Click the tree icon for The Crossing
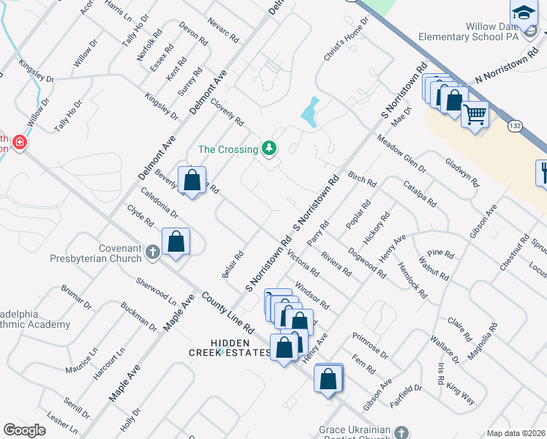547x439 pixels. [271, 149]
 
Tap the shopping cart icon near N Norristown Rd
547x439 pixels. [475, 114]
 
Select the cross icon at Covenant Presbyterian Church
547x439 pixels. [153, 252]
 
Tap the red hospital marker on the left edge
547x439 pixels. [20, 141]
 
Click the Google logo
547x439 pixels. [24, 430]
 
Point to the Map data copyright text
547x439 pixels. [516, 433]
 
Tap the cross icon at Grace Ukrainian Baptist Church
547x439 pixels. [401, 431]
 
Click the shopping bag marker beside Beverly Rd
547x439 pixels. [192, 181]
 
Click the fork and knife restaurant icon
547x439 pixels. [543, 172]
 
